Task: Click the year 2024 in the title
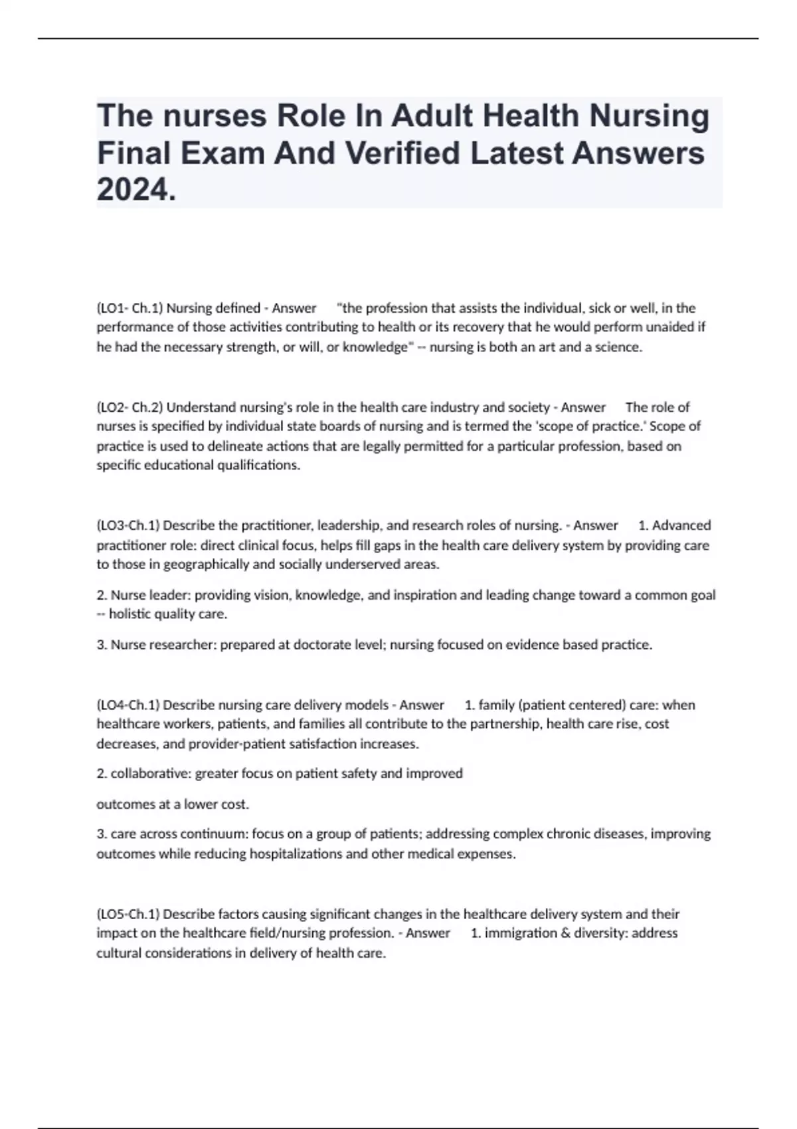point(134,191)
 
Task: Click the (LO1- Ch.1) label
point(130,308)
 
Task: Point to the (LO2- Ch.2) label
point(130,407)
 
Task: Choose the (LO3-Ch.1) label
point(128,525)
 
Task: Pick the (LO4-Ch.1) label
point(128,705)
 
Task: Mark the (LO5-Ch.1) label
point(128,914)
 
